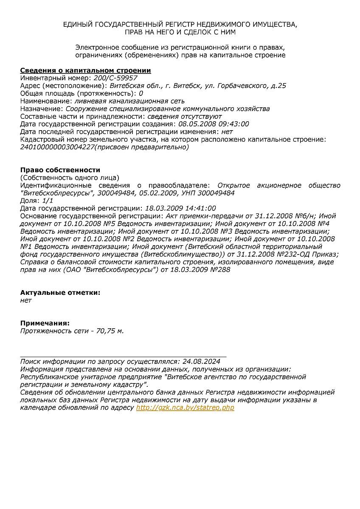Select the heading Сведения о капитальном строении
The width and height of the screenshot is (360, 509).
pos(86,70)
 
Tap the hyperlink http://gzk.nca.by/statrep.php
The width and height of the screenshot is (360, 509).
pos(185,408)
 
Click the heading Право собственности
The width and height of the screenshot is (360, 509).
pos(60,170)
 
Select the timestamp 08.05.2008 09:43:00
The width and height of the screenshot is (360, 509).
pos(214,124)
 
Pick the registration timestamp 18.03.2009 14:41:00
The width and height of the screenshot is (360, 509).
pos(180,208)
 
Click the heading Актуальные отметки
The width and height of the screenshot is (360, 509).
pos(60,293)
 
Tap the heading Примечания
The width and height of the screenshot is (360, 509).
pos(45,323)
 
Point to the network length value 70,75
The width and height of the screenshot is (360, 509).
pos(106,331)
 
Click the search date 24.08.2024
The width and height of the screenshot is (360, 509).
pos(201,361)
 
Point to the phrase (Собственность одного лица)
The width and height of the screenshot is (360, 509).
pos(70,177)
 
